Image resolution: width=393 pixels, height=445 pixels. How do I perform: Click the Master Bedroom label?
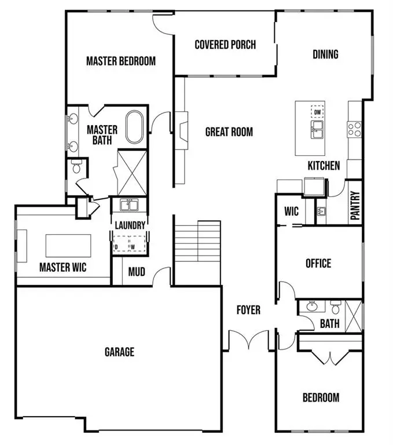[120, 61]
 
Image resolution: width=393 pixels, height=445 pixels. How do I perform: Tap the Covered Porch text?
[225, 45]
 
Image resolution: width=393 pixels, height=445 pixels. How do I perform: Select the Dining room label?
[325, 54]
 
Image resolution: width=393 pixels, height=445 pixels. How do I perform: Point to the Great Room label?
[229, 132]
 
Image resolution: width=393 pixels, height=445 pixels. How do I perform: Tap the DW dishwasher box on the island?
[317, 111]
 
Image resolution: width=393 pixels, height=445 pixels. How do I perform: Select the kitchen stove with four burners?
[354, 129]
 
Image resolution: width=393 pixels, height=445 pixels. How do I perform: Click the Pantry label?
[355, 206]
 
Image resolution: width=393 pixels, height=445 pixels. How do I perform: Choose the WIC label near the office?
[292, 211]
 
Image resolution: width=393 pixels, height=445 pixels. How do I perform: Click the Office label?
[318, 264]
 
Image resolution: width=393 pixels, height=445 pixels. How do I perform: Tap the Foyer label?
[248, 310]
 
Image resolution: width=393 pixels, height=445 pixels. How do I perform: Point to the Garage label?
[119, 352]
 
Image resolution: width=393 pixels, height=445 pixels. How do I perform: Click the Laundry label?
[130, 225]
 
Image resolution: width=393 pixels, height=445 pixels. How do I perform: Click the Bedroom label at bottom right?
[321, 397]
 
